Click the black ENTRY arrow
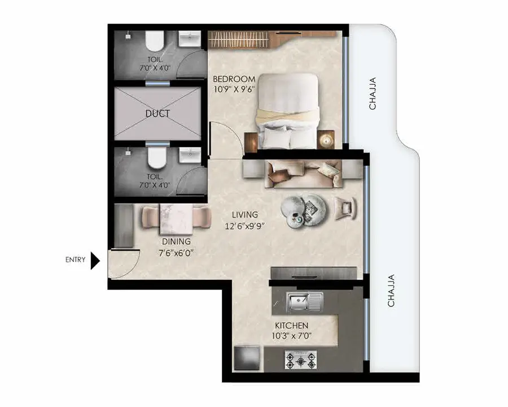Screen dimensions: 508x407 pos(95,260)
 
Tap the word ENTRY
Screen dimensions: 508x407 pos(76,259)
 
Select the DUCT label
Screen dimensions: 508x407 pos(157,114)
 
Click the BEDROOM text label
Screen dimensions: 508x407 pos(234,79)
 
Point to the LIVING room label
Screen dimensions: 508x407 pos(245,215)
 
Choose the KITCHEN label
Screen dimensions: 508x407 pos(292,325)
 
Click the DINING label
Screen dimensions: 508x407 pos(176,241)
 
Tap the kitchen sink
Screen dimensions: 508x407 pos(304,302)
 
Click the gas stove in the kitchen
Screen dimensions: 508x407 pos(301,360)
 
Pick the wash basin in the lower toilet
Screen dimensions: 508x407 pos(190,155)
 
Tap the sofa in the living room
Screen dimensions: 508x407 pos(304,174)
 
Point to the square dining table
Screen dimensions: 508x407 pos(176,219)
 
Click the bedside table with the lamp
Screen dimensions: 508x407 pos(326,140)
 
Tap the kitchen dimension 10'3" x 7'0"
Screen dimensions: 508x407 pos(291,336)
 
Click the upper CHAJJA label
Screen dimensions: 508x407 pos(373,93)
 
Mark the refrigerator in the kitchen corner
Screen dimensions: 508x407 pos(247,358)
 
